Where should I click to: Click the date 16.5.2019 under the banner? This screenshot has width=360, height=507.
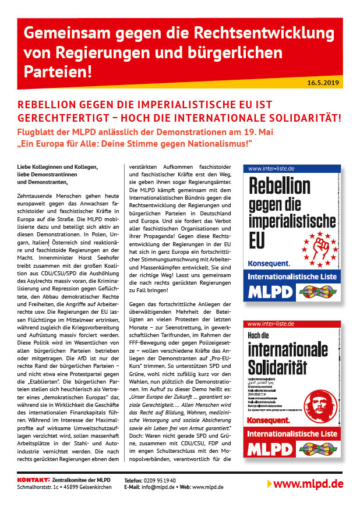(x=326, y=83)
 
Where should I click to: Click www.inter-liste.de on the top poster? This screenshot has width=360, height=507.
(x=271, y=168)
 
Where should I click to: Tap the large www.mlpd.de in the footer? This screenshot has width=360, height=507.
(x=308, y=484)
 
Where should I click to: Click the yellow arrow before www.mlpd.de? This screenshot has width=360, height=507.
(x=269, y=484)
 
